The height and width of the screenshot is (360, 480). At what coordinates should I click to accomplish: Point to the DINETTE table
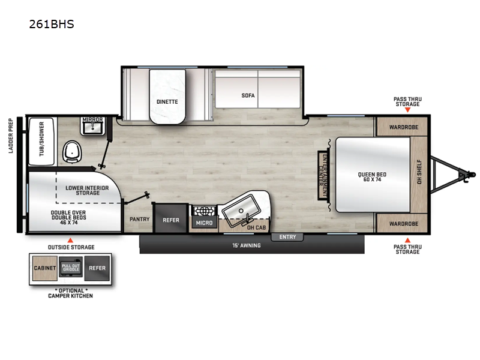click(167, 101)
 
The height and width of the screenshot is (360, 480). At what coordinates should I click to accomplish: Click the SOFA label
click(248, 95)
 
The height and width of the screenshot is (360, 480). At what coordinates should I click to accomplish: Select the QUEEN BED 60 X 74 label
click(372, 178)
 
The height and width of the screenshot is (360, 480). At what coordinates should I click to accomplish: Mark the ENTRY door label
click(287, 237)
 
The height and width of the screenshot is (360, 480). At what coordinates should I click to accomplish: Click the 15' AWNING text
click(247, 245)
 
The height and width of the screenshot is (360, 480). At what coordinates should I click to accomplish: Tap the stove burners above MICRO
click(202, 211)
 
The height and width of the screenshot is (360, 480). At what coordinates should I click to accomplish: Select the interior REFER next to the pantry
click(171, 220)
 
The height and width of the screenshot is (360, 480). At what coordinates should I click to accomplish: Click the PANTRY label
click(139, 220)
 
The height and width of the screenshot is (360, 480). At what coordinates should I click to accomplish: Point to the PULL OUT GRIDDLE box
click(71, 268)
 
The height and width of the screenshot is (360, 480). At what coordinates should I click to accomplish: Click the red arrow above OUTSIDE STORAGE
click(71, 239)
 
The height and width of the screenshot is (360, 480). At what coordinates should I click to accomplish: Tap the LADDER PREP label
click(11, 136)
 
